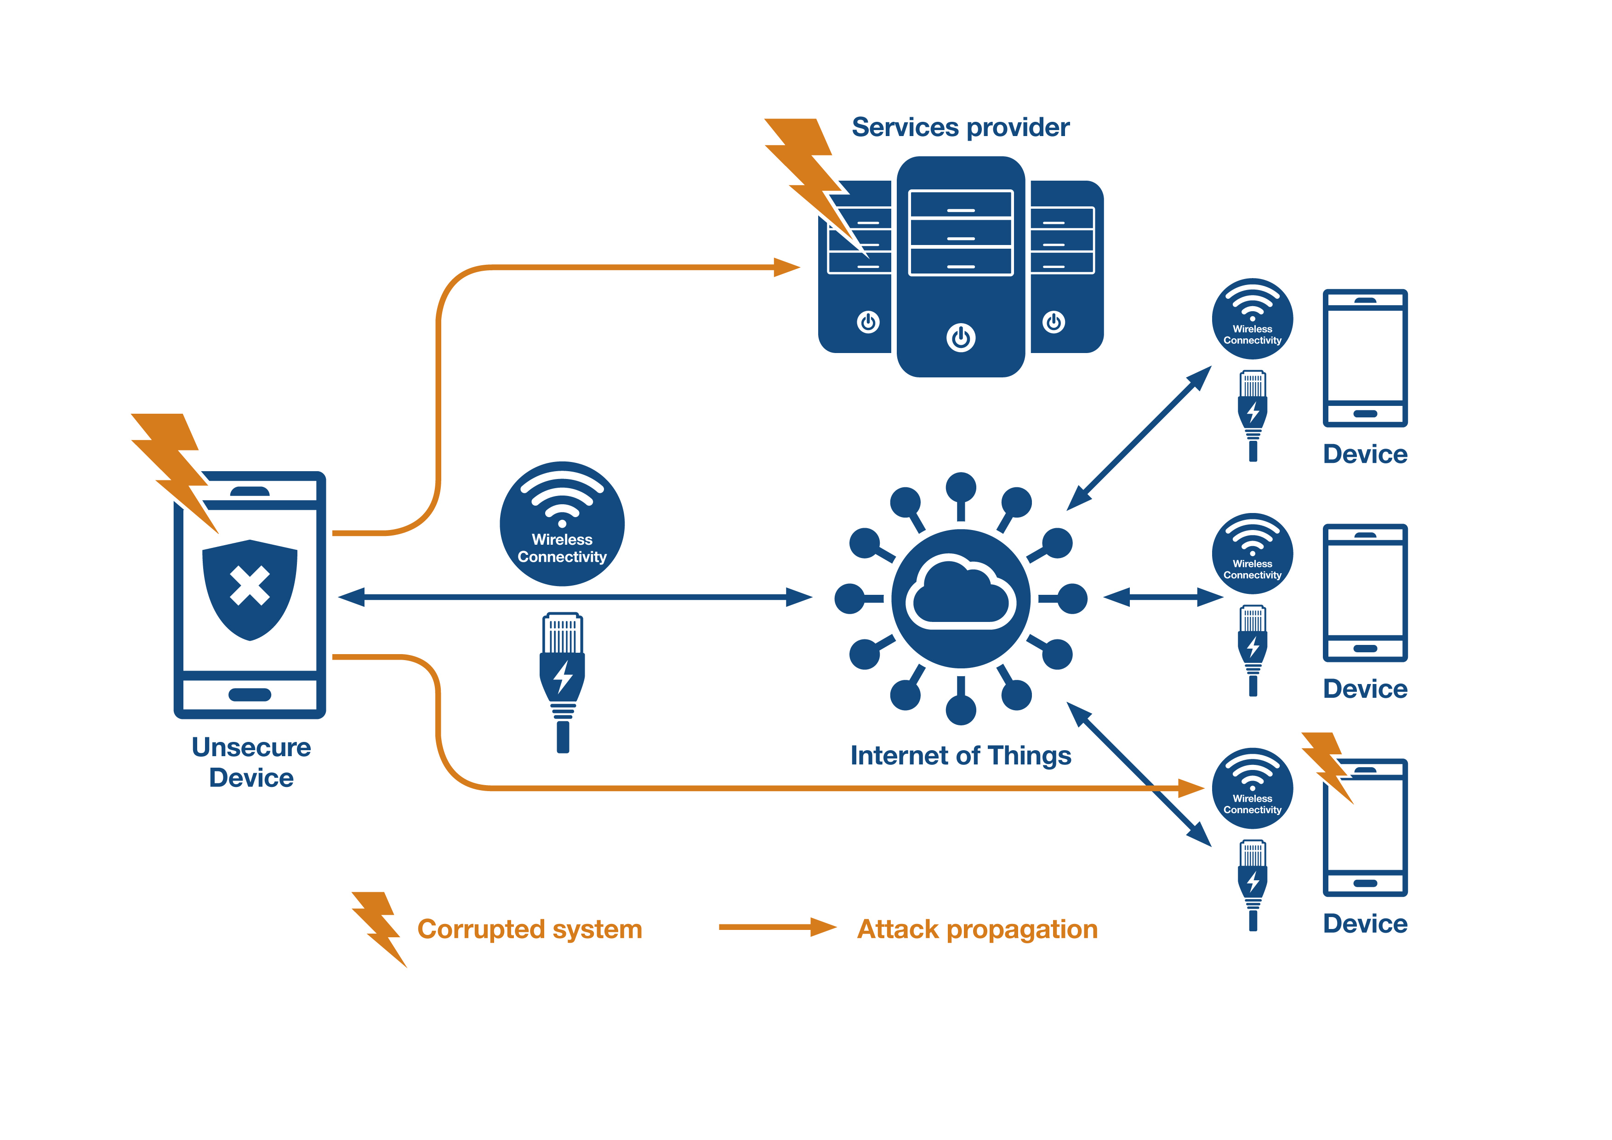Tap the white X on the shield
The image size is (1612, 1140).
tap(249, 586)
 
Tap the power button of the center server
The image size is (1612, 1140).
tap(961, 338)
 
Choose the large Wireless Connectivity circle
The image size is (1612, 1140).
tap(562, 524)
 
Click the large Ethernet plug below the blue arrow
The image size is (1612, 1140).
tap(562, 681)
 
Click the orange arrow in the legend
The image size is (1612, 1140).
tap(776, 927)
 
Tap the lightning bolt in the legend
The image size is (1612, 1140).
tap(379, 927)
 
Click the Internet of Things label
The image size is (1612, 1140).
tap(961, 755)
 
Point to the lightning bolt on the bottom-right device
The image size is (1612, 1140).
tap(1327, 765)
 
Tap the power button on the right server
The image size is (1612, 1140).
tap(1053, 322)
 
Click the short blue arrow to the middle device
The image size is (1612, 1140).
tap(1162, 598)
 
